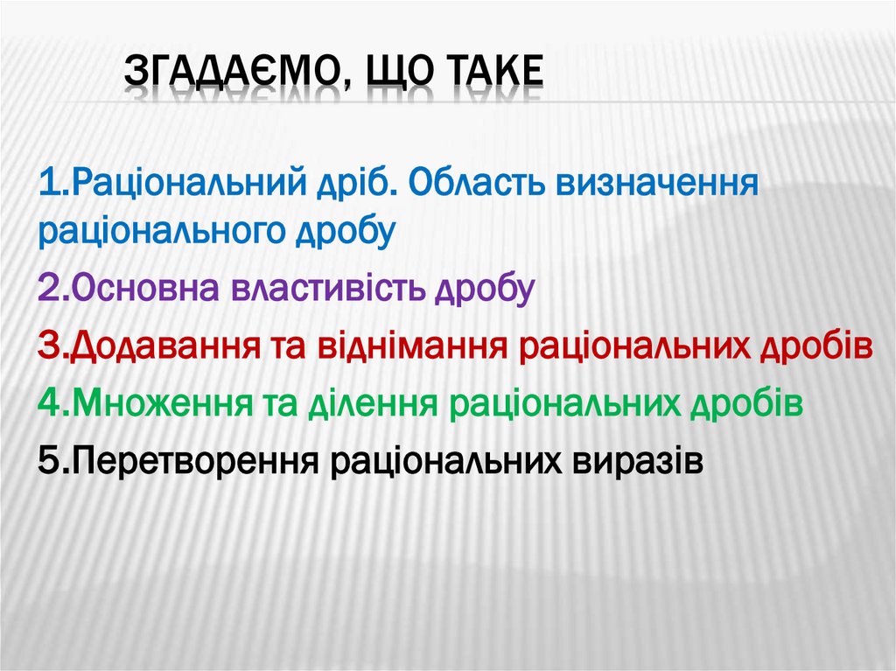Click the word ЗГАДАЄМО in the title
pos(227,75)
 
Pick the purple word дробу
pos(485,289)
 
